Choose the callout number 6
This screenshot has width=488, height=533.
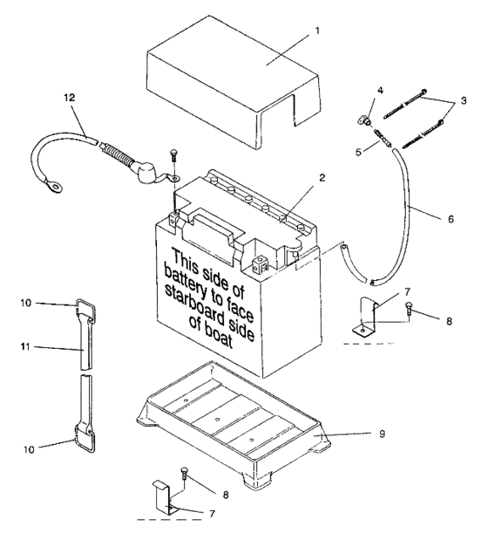450,219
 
